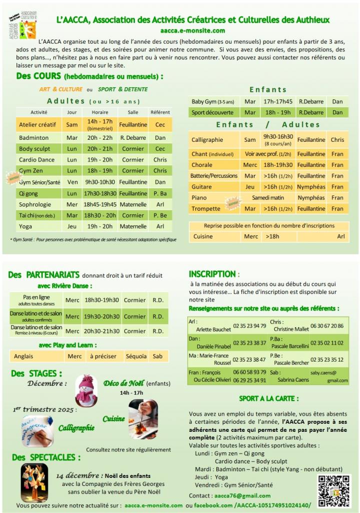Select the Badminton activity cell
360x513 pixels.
click(34, 137)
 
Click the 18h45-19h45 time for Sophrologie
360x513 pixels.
click(100, 204)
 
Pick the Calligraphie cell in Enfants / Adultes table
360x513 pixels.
click(207, 140)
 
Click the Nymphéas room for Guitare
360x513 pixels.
click(311, 187)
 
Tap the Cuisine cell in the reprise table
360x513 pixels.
click(203, 236)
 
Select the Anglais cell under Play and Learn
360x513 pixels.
click(25, 356)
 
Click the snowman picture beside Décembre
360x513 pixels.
click(86, 390)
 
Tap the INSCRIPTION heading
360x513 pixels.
click(212, 274)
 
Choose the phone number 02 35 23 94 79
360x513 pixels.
click(249, 326)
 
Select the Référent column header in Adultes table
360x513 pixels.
click(160, 112)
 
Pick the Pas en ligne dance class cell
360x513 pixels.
click(37, 300)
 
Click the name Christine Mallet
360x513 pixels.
click(291, 329)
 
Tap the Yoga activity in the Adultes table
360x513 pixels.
click(26, 226)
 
